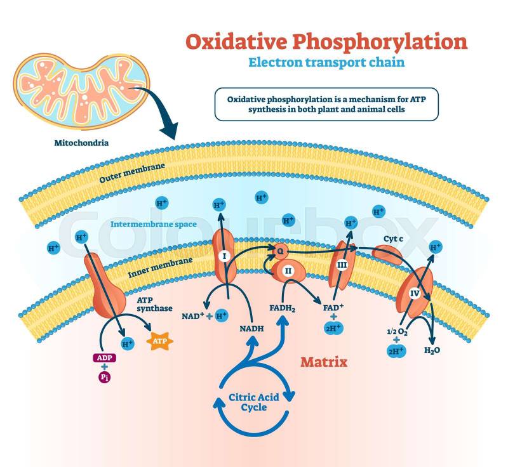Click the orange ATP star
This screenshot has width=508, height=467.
click(159, 342)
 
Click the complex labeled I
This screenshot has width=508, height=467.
click(223, 257)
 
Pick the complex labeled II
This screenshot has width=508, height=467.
click(287, 271)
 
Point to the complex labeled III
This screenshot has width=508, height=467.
click(341, 265)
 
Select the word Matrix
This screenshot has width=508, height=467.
click(324, 362)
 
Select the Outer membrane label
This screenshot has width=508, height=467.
click(132, 172)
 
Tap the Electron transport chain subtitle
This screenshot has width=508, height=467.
click(326, 63)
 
